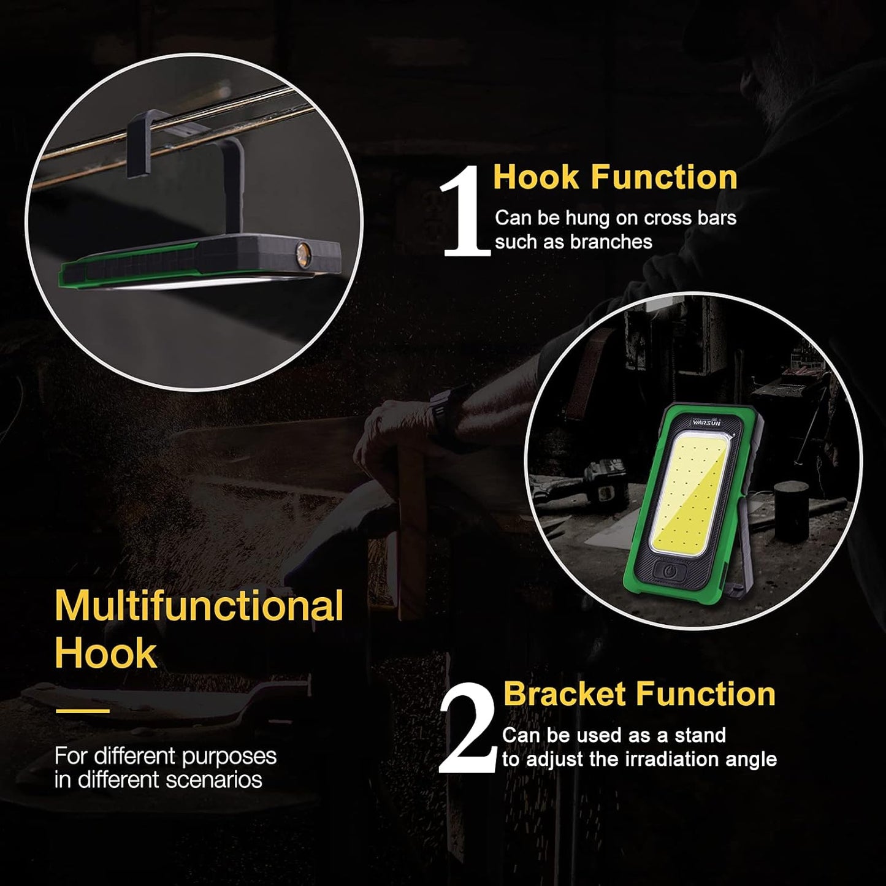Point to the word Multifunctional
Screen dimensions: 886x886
click(199, 606)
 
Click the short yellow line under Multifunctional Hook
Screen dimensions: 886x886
click(83, 711)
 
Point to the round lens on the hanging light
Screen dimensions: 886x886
click(303, 253)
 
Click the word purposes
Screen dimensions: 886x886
click(229, 757)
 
